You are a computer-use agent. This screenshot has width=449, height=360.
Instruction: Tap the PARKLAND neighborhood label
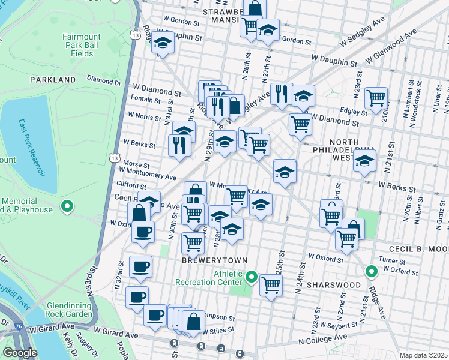point(53,79)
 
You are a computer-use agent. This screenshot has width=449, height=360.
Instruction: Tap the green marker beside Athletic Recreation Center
point(252,278)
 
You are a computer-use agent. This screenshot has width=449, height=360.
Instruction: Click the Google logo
point(20,353)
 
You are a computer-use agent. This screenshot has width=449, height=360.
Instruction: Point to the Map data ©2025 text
point(424,355)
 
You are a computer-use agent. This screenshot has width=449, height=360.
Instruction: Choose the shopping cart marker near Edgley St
point(376,98)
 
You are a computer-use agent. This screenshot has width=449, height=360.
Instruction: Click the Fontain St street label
point(145,99)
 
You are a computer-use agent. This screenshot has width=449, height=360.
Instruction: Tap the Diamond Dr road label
point(104,79)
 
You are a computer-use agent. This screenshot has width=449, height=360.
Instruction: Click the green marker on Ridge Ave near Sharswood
point(372,271)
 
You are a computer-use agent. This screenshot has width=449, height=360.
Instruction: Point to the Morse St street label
point(132,163)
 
